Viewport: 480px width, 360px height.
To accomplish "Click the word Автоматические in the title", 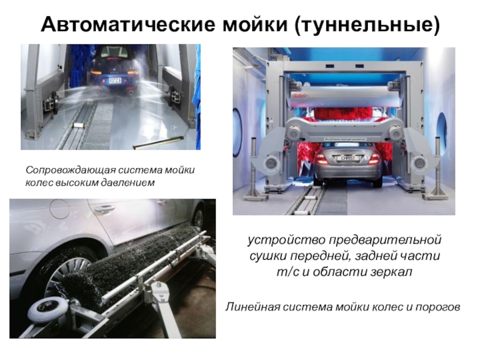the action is (128, 24).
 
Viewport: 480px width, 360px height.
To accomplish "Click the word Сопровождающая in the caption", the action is (71, 170).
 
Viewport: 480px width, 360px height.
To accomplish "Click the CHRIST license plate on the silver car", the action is (348, 158).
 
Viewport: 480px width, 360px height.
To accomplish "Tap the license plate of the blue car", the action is (115, 80).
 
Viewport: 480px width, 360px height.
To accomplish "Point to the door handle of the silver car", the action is (104, 208).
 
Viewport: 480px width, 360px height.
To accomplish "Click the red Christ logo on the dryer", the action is (299, 95).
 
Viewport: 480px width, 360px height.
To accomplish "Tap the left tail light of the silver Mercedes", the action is (321, 158).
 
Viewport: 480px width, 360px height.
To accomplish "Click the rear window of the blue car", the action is (114, 52).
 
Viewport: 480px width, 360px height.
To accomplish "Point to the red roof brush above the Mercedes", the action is (343, 115).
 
